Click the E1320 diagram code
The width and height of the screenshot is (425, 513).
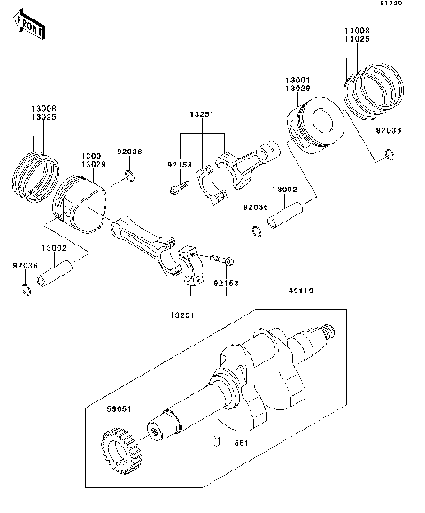(x=391, y=4)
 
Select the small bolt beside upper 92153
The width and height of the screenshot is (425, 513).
(x=176, y=187)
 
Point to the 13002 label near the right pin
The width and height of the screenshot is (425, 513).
(x=283, y=189)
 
